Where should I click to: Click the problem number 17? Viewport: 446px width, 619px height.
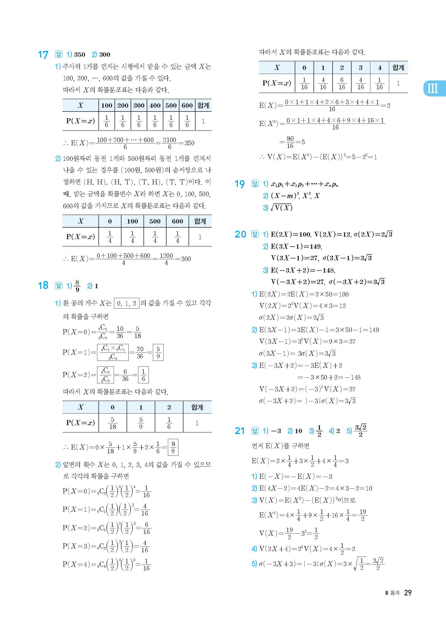click(x=43, y=55)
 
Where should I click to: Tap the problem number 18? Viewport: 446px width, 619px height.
click(x=43, y=286)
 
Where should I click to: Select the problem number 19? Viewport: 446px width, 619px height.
click(x=239, y=184)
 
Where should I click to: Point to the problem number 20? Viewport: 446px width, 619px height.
click(x=240, y=235)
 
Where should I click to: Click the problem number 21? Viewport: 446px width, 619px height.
click(x=239, y=431)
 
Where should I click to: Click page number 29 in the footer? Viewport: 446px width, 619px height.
click(x=407, y=592)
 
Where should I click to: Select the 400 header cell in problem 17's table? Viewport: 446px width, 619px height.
click(x=155, y=106)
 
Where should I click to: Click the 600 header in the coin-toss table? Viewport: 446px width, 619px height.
click(x=177, y=221)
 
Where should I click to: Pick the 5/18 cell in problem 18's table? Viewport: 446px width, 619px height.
click(x=113, y=423)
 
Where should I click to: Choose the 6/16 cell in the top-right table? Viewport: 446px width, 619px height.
click(x=342, y=84)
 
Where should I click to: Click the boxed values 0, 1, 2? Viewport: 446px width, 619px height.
click(x=127, y=303)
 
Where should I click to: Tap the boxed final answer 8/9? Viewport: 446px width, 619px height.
click(x=173, y=447)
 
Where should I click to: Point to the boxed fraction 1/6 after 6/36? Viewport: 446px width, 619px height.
click(x=143, y=375)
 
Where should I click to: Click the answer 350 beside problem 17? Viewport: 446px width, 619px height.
click(x=79, y=55)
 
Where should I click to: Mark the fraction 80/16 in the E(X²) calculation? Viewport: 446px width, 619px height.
click(x=290, y=142)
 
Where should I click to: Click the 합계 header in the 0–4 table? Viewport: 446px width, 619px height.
click(x=398, y=68)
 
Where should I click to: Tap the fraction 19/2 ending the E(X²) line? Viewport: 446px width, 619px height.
click(x=363, y=515)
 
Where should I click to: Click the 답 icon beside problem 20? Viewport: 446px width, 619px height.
click(x=255, y=234)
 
